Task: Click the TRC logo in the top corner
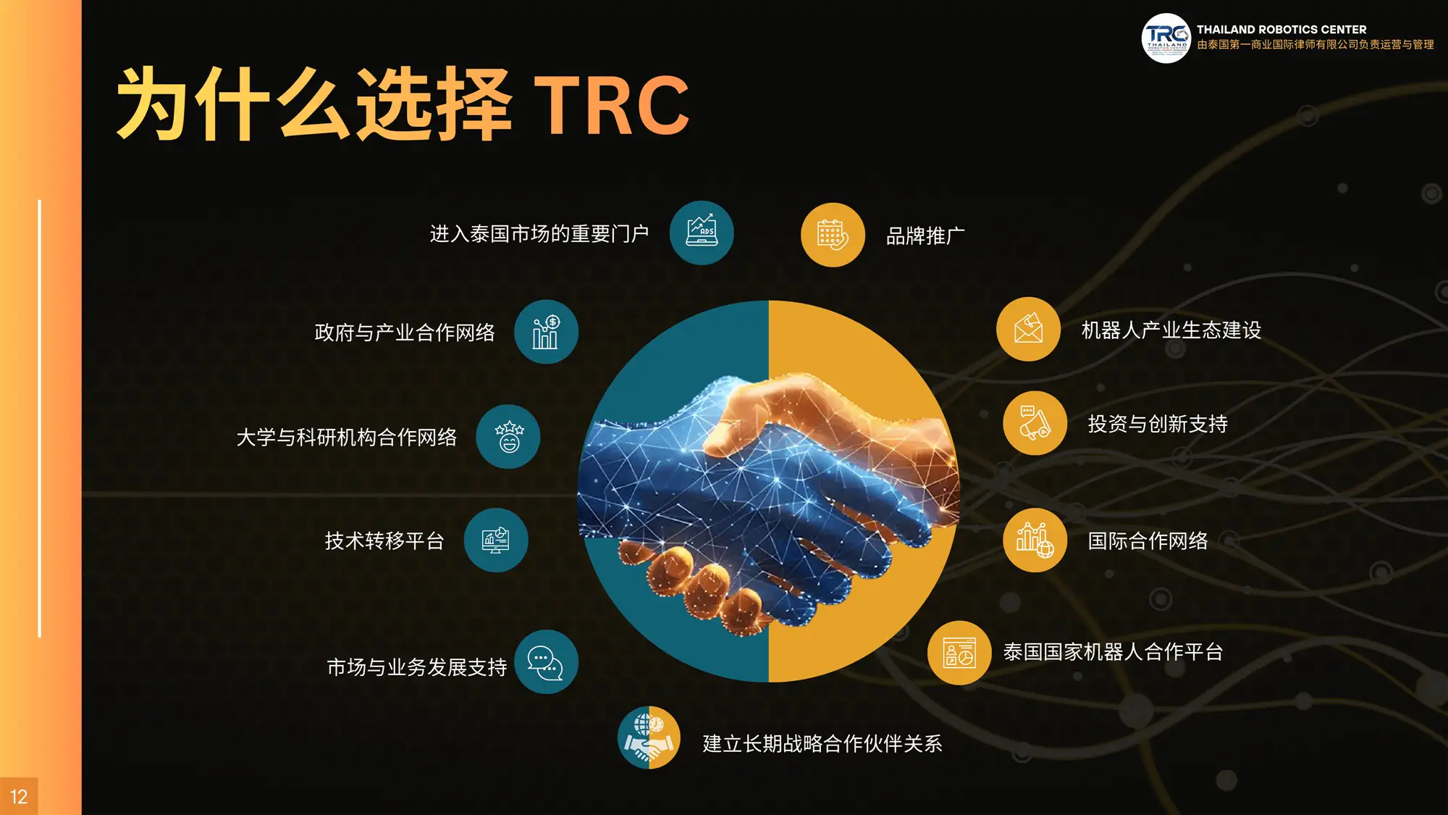(x=1166, y=38)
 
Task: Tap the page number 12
(x=19, y=797)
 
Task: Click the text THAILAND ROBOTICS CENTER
(x=1281, y=30)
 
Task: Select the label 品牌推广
(x=925, y=235)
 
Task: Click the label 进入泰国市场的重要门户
(x=539, y=233)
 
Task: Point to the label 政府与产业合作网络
(x=405, y=332)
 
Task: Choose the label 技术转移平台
(x=384, y=540)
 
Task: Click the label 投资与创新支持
(x=1158, y=424)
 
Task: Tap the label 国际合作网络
(x=1148, y=540)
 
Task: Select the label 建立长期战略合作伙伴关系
(x=822, y=743)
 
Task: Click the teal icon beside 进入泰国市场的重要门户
(x=702, y=233)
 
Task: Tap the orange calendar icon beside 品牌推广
(x=833, y=235)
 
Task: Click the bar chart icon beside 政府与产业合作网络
(x=546, y=332)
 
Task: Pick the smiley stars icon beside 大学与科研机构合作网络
(x=508, y=437)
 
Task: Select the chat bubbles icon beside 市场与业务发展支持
(x=546, y=662)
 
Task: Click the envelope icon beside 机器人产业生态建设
(x=1028, y=329)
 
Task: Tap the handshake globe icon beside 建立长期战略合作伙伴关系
(x=649, y=737)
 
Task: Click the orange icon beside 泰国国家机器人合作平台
(x=959, y=653)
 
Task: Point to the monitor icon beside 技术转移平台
(x=496, y=540)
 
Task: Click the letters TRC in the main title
(x=612, y=105)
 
